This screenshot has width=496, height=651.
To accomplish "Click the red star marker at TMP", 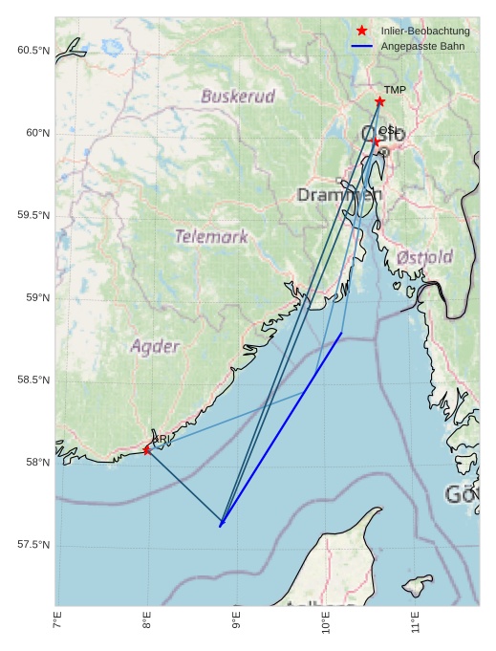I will coord(379,101).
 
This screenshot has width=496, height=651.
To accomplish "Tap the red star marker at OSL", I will coord(377,142).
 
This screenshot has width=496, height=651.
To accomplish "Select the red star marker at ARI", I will coord(147,450).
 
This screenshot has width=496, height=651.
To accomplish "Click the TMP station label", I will coord(395,90).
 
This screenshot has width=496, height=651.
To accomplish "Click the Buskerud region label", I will coord(238,97).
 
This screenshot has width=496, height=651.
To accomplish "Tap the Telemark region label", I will coord(211,236).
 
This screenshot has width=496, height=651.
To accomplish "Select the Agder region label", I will coord(155,346).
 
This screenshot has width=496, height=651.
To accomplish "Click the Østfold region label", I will coord(424,258).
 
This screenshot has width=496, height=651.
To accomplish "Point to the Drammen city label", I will coord(339,195).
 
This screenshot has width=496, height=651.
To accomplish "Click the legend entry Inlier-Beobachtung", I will coord(424,32).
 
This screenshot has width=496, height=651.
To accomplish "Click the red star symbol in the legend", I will coord(361,32).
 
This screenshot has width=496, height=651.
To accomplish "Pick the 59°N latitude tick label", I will coord(36,298).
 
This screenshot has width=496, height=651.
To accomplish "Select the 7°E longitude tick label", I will coord(58,624).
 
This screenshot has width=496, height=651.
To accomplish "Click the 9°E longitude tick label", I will coord(237,624).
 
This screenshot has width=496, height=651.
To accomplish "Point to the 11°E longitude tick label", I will coord(414,624).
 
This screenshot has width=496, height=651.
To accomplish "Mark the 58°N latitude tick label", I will coord(36,463).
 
